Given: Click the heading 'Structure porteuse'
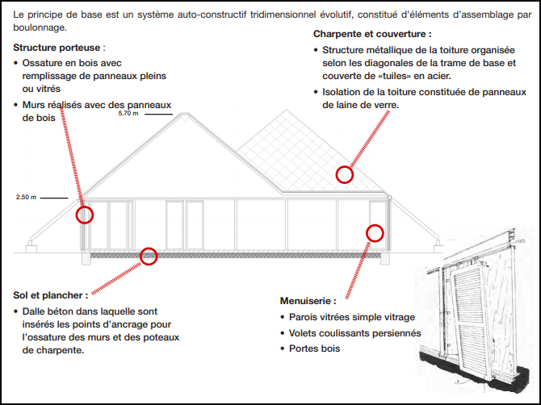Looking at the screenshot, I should click(x=59, y=48).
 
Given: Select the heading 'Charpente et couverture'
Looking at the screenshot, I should click(x=371, y=34).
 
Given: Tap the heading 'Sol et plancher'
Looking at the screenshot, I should click(x=48, y=295).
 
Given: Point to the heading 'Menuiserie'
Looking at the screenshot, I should click(x=307, y=301).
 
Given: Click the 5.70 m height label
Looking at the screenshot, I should click(x=128, y=114).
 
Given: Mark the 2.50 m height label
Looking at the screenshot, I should click(x=26, y=196).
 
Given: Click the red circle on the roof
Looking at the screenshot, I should click(x=345, y=174).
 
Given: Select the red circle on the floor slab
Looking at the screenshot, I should click(x=149, y=257).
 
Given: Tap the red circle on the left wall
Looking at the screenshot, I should click(x=85, y=215).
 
